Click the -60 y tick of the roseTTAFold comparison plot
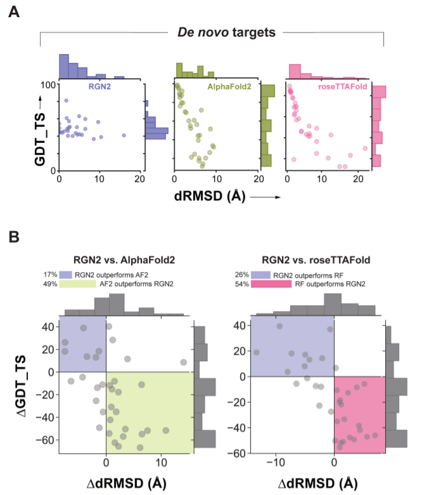[x=238, y=454]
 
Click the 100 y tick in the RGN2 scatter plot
[x=47, y=85]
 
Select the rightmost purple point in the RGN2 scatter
[x=124, y=135]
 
